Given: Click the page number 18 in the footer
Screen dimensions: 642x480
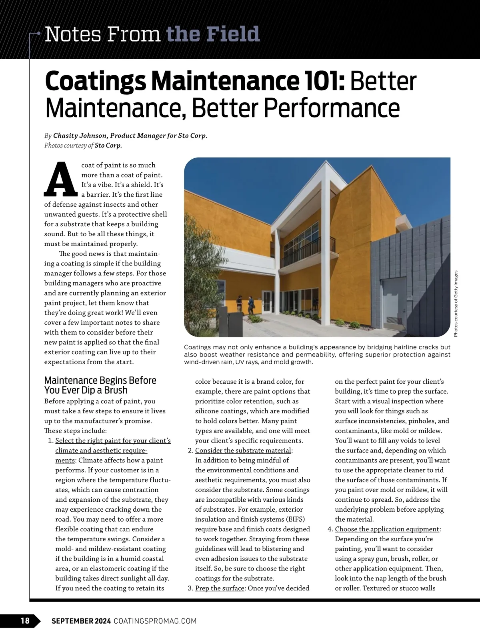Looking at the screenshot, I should pyautogui.click(x=25, y=620).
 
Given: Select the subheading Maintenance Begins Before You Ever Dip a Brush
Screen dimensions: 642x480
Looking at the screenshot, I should pyautogui.click(x=100, y=385).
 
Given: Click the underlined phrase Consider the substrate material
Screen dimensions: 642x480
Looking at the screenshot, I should pyautogui.click(x=243, y=451).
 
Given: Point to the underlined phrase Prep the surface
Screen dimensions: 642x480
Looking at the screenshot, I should pyautogui.click(x=220, y=588).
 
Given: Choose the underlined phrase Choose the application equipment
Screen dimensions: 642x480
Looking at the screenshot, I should pyautogui.click(x=387, y=529).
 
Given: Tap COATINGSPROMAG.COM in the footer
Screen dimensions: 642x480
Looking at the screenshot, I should pyautogui.click(x=155, y=621).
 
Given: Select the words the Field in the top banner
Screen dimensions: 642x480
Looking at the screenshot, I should pyautogui.click(x=213, y=34).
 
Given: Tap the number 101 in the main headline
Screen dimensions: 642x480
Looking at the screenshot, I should pyautogui.click(x=326, y=82).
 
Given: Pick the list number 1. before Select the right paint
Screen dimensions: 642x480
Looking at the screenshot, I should pyautogui.click(x=50, y=441).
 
